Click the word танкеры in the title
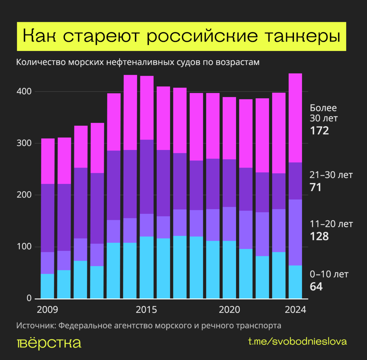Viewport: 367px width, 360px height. [303, 36]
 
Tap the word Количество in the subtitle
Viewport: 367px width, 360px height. [41, 62]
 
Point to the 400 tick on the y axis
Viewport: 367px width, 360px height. [24, 92]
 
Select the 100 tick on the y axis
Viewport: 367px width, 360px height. [24, 246]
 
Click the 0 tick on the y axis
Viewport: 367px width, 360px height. [29, 298]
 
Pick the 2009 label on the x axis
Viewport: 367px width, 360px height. [47, 310]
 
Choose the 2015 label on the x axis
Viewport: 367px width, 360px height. [146, 310]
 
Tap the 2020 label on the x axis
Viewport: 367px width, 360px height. [229, 310]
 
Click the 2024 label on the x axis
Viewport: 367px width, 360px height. [295, 310]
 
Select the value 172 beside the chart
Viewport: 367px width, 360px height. [319, 131]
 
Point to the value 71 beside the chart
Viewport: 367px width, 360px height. [316, 187]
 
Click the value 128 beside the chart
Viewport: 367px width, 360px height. [319, 236]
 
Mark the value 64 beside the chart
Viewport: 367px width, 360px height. [316, 287]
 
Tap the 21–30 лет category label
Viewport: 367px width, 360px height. [331, 175]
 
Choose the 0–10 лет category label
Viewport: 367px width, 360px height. [329, 274]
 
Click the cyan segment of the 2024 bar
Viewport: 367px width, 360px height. [295, 282]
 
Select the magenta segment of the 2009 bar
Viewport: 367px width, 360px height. [48, 161]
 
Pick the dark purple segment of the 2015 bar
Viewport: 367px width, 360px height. [147, 177]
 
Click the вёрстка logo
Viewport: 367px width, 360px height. [49, 343]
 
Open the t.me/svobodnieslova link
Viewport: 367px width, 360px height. [297, 342]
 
